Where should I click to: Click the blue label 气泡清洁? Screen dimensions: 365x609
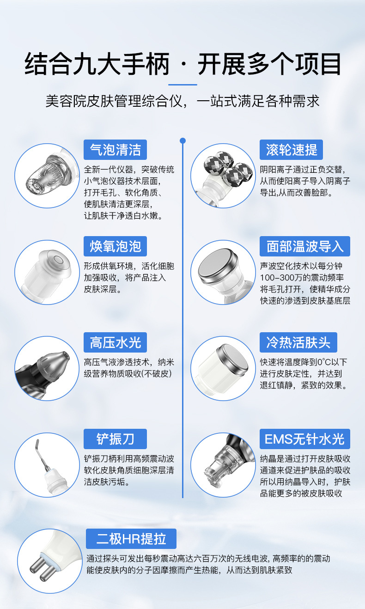pos(115,150)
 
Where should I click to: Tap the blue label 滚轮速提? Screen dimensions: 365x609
pos(291,150)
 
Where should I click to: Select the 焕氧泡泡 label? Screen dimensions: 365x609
pos(115,246)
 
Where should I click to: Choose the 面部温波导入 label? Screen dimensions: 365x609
pos(304,246)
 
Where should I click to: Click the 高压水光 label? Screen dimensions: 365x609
pos(115,342)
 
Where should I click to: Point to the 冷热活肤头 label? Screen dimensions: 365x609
pos(298,342)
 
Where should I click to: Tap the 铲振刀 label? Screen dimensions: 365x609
pos(115,439)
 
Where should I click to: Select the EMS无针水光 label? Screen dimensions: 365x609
pos(304,439)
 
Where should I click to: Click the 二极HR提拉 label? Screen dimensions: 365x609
pos(131,539)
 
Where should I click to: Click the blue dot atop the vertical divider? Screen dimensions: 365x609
pos(182,140)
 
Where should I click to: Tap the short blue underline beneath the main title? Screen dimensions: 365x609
pos(182,85)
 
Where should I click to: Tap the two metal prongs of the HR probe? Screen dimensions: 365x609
pos(43,567)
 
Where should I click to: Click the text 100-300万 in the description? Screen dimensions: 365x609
pos(280,278)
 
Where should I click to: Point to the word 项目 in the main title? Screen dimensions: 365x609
pos(318,64)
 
